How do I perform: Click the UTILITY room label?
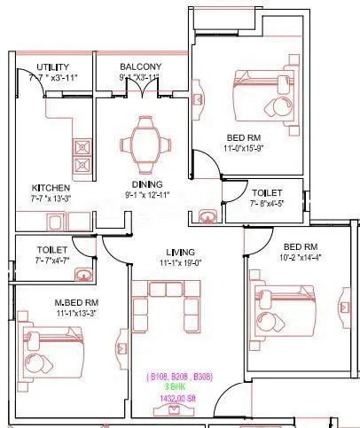tap(54, 67)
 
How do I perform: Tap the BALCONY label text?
tap(140, 67)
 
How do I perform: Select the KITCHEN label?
tap(51, 189)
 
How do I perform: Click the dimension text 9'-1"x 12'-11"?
tap(148, 196)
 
